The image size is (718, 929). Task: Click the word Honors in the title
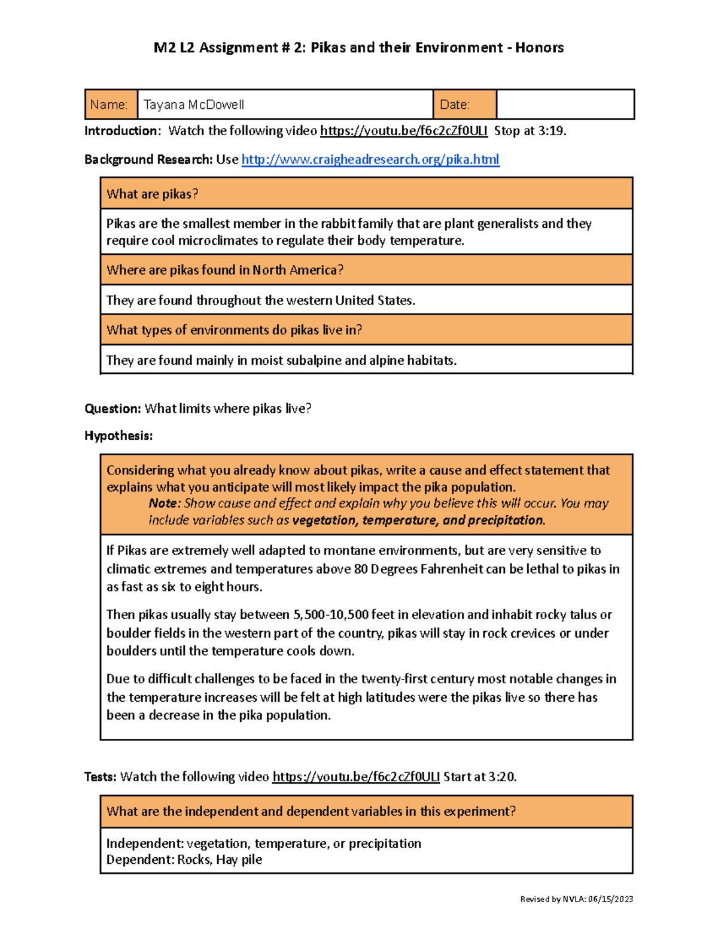[539, 48]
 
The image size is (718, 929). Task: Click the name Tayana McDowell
[193, 105]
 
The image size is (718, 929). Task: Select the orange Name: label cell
[111, 105]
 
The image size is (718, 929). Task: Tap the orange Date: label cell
[464, 105]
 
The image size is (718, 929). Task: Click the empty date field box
[565, 105]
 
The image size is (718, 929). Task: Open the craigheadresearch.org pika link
[370, 160]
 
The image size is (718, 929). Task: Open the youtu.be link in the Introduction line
[403, 131]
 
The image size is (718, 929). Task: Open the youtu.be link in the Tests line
[355, 777]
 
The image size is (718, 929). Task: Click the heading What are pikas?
[152, 194]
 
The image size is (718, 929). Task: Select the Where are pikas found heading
[224, 270]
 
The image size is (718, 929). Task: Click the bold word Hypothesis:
[118, 435]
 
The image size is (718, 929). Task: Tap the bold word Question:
[112, 409]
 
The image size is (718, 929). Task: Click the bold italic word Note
[162, 504]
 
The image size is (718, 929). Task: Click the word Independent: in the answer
[144, 843]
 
